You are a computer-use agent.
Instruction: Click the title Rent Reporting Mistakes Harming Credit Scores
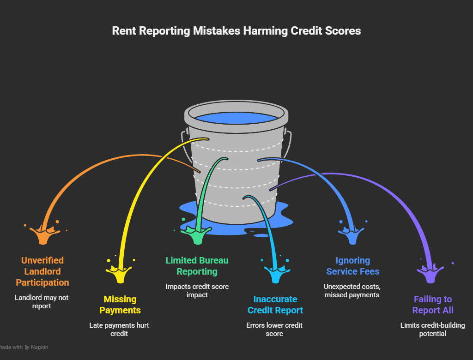(x=236, y=31)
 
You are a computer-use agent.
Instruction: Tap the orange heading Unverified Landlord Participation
(x=42, y=271)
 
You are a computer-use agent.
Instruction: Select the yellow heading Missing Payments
(x=120, y=305)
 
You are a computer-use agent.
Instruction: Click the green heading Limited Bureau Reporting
(x=197, y=266)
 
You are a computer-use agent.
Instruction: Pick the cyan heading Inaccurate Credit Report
(x=275, y=305)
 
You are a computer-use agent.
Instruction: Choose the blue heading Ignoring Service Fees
(x=353, y=266)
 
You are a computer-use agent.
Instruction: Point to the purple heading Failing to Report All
(x=433, y=305)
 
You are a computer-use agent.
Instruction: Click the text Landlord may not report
(x=42, y=301)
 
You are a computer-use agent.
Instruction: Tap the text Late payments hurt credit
(x=119, y=329)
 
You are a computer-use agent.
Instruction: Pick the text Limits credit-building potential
(x=432, y=329)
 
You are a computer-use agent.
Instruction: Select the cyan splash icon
(x=275, y=274)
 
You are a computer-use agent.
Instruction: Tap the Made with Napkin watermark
(x=23, y=347)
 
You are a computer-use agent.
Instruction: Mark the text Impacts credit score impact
(x=197, y=290)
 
